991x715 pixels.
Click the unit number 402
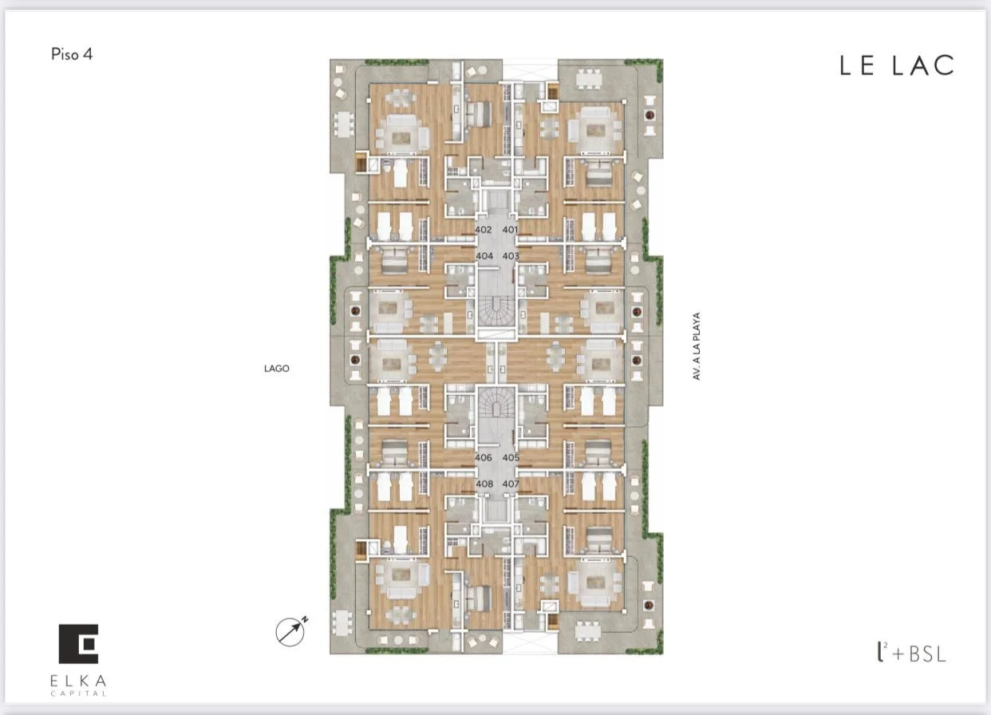pos(483,230)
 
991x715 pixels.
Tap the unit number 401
pos(510,230)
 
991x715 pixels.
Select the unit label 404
pos(484,255)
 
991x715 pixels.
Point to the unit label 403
pos(511,255)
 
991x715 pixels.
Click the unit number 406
pos(484,457)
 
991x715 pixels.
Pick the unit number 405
pos(511,457)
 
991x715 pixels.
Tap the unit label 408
pos(484,484)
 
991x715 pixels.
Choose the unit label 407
pos(511,484)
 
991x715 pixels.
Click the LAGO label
pos(277,369)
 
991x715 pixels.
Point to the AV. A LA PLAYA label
pos(697,346)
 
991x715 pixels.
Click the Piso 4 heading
pos(72,54)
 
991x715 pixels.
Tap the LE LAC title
pos(897,65)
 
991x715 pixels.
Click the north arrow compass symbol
pos(290,631)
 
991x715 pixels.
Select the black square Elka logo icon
pos(79,644)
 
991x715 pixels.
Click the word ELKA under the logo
pos(78,681)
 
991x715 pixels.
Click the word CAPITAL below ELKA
pos(78,693)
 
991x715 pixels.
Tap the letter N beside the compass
pos(305,619)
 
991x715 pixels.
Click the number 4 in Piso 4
pos(88,54)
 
